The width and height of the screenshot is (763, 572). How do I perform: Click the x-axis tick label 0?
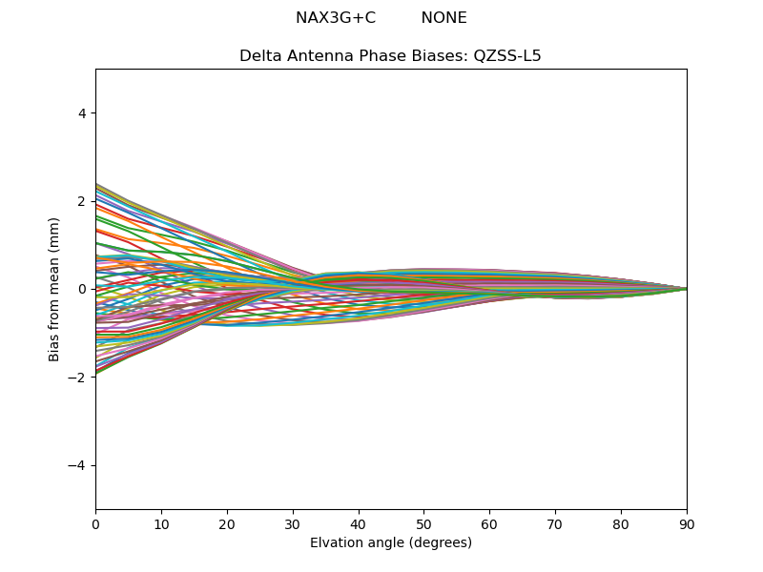point(95,523)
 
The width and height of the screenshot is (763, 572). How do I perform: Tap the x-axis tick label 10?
point(161,523)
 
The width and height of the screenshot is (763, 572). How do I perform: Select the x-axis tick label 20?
point(227,523)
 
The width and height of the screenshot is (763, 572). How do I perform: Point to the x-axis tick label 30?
point(293,523)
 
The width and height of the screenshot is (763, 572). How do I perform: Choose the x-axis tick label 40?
point(359,523)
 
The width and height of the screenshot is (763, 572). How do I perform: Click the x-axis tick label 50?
point(424,523)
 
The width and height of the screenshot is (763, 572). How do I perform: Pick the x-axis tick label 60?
point(489,523)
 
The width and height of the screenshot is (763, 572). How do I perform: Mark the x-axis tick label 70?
point(555,523)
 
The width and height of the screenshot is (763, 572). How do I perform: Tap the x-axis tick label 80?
point(621,523)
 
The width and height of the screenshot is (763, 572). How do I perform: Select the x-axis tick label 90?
point(687,523)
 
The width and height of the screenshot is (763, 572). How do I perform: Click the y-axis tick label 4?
point(82,113)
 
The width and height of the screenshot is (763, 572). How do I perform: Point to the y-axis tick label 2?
point(82,201)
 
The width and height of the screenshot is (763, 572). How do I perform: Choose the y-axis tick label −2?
point(78,378)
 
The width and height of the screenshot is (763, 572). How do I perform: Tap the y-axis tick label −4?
point(78,465)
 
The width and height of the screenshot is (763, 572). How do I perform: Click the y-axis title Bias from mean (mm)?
point(55,289)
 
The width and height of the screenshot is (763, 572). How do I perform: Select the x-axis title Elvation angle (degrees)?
point(391,543)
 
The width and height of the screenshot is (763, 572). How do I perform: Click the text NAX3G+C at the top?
point(336,18)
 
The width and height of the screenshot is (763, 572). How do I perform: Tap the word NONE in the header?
point(443,18)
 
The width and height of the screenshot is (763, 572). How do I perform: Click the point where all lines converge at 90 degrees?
point(686,289)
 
